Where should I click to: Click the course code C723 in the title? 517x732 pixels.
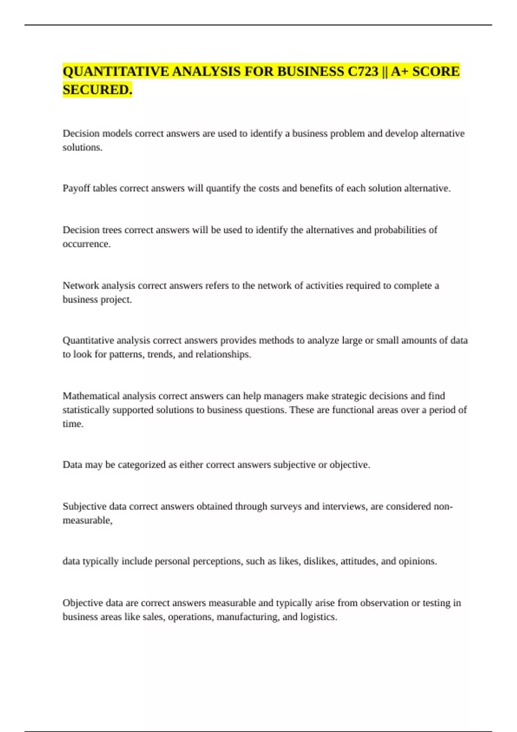coord(363,71)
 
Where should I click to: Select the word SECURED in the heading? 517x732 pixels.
coord(96,90)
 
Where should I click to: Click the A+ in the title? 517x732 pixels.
coord(399,71)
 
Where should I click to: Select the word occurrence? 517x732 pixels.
coord(86,244)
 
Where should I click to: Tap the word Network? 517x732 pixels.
coord(81,285)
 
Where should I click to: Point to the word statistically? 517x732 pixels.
coord(86,410)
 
